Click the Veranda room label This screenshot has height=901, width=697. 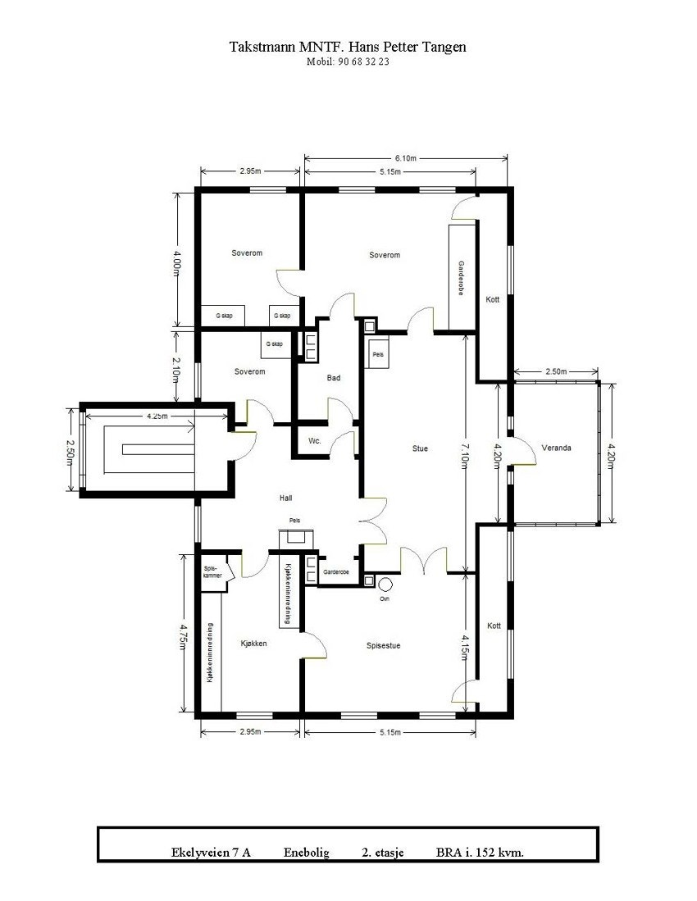(x=556, y=448)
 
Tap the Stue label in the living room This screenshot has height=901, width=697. (x=420, y=448)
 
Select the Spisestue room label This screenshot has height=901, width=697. (x=383, y=645)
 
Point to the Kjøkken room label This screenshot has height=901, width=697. (x=254, y=644)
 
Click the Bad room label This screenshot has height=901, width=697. (x=333, y=378)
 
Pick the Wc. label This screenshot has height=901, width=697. (x=314, y=440)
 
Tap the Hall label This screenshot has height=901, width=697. (x=285, y=498)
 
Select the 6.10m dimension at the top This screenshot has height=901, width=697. (x=406, y=157)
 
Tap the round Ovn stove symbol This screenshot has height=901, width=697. (x=384, y=583)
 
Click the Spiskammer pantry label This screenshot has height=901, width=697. (x=212, y=571)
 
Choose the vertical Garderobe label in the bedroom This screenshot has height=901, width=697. (x=461, y=279)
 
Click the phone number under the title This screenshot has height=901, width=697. (x=348, y=62)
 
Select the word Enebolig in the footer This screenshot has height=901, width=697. (x=307, y=853)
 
